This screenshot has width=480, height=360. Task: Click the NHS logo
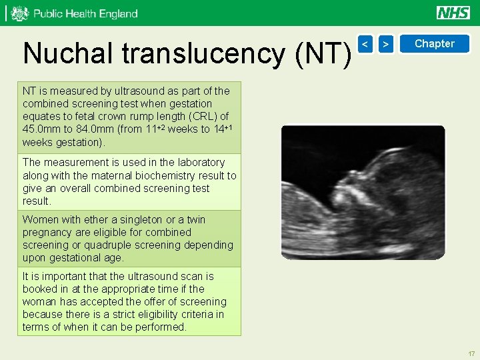[x=453, y=13]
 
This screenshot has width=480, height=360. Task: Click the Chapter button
[x=434, y=44]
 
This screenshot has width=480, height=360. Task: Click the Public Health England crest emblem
[x=20, y=13]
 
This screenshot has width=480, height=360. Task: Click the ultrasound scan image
[x=363, y=192]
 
